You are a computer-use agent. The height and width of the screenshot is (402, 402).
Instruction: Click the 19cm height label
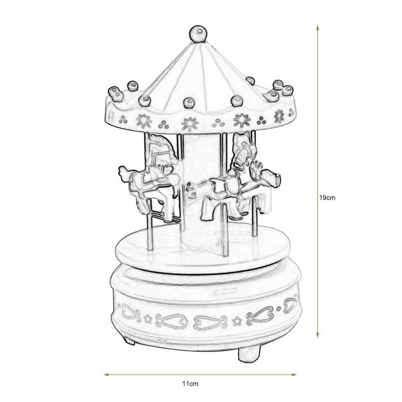coord(327,198)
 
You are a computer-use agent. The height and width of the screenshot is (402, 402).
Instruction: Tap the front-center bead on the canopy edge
coord(188,102)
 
